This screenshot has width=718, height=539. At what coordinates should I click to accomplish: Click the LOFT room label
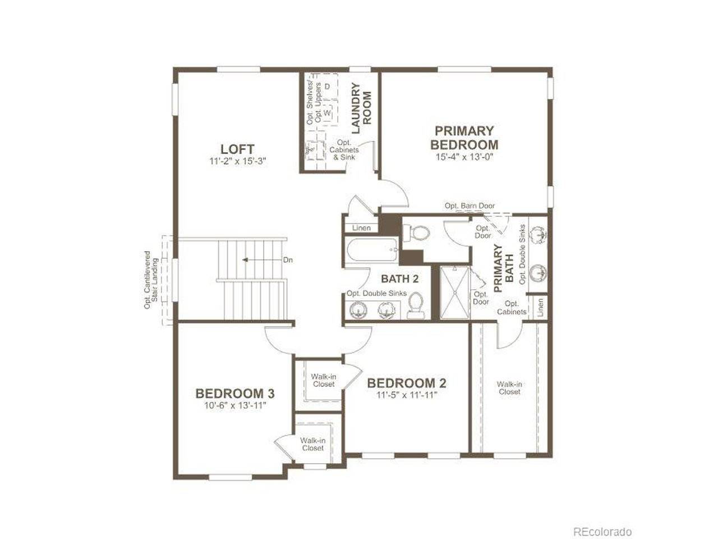click(237, 149)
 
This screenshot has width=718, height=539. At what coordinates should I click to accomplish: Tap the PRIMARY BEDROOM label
click(464, 138)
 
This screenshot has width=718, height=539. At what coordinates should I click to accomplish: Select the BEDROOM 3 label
click(235, 394)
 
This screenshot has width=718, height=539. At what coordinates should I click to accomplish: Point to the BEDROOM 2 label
click(407, 383)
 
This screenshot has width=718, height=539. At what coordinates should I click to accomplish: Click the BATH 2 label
click(400, 279)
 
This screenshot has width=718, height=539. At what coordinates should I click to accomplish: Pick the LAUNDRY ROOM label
click(361, 108)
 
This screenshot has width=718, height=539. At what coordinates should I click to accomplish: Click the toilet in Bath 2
click(415, 305)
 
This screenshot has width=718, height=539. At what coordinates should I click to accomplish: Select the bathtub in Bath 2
click(371, 250)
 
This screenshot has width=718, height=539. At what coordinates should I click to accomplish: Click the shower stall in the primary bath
click(454, 293)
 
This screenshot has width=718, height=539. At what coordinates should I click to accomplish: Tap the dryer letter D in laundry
click(328, 86)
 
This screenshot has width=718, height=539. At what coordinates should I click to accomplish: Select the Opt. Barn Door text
click(470, 206)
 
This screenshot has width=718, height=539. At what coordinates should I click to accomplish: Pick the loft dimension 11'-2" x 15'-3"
click(238, 161)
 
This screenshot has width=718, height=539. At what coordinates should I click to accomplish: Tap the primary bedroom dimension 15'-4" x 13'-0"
click(464, 157)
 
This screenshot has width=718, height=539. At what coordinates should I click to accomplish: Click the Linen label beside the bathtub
click(361, 228)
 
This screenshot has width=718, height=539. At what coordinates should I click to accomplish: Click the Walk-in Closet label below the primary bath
click(509, 388)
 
